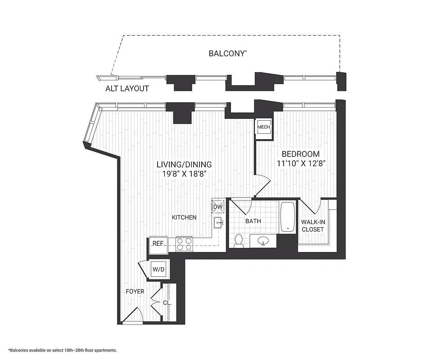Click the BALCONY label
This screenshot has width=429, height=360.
point(228,53)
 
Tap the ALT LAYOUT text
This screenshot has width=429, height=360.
point(127,89)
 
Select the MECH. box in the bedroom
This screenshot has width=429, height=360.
point(264,127)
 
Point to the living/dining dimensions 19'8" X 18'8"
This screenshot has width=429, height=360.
point(184,173)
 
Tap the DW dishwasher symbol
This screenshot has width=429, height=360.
point(218,207)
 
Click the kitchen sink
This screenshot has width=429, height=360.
point(218,221)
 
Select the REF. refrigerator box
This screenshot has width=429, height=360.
point(158,243)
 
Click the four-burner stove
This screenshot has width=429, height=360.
point(184,243)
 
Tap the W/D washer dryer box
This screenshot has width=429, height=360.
point(158,270)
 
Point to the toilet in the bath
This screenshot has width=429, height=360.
point(239,241)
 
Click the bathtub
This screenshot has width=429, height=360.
point(288,217)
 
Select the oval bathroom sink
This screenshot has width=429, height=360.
point(264,242)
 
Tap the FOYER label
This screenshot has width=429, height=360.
point(135,292)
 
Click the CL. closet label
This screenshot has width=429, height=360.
point(167,303)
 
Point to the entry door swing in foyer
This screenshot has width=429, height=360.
point(134,315)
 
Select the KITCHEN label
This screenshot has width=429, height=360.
point(184,217)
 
